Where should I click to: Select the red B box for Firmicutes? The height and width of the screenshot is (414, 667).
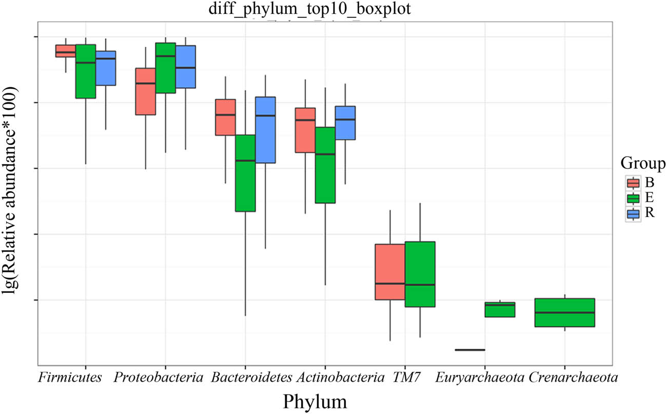pos(65,51)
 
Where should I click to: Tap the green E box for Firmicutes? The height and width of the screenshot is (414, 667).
pos(85,71)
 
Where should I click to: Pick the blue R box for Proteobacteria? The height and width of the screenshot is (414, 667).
pos(185,67)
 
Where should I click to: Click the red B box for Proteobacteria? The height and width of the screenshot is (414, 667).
pos(145,91)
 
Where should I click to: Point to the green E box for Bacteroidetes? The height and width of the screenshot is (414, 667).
pos(245,173)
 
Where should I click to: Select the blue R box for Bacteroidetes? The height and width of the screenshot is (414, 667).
pos(265,130)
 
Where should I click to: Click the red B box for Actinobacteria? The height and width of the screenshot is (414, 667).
pos(305,130)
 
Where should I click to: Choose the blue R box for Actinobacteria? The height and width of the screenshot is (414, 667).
pos(345,123)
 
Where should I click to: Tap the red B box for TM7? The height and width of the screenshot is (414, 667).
pos(389,271)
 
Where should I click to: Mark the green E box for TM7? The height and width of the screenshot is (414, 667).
pos(420,274)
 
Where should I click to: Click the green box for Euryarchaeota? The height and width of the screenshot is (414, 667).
pos(500,310)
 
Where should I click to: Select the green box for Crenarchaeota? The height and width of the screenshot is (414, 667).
pos(564,312)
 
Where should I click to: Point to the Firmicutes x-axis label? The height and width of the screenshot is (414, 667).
pos(69,379)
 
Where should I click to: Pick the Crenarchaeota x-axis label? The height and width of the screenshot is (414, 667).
pos(573,379)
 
